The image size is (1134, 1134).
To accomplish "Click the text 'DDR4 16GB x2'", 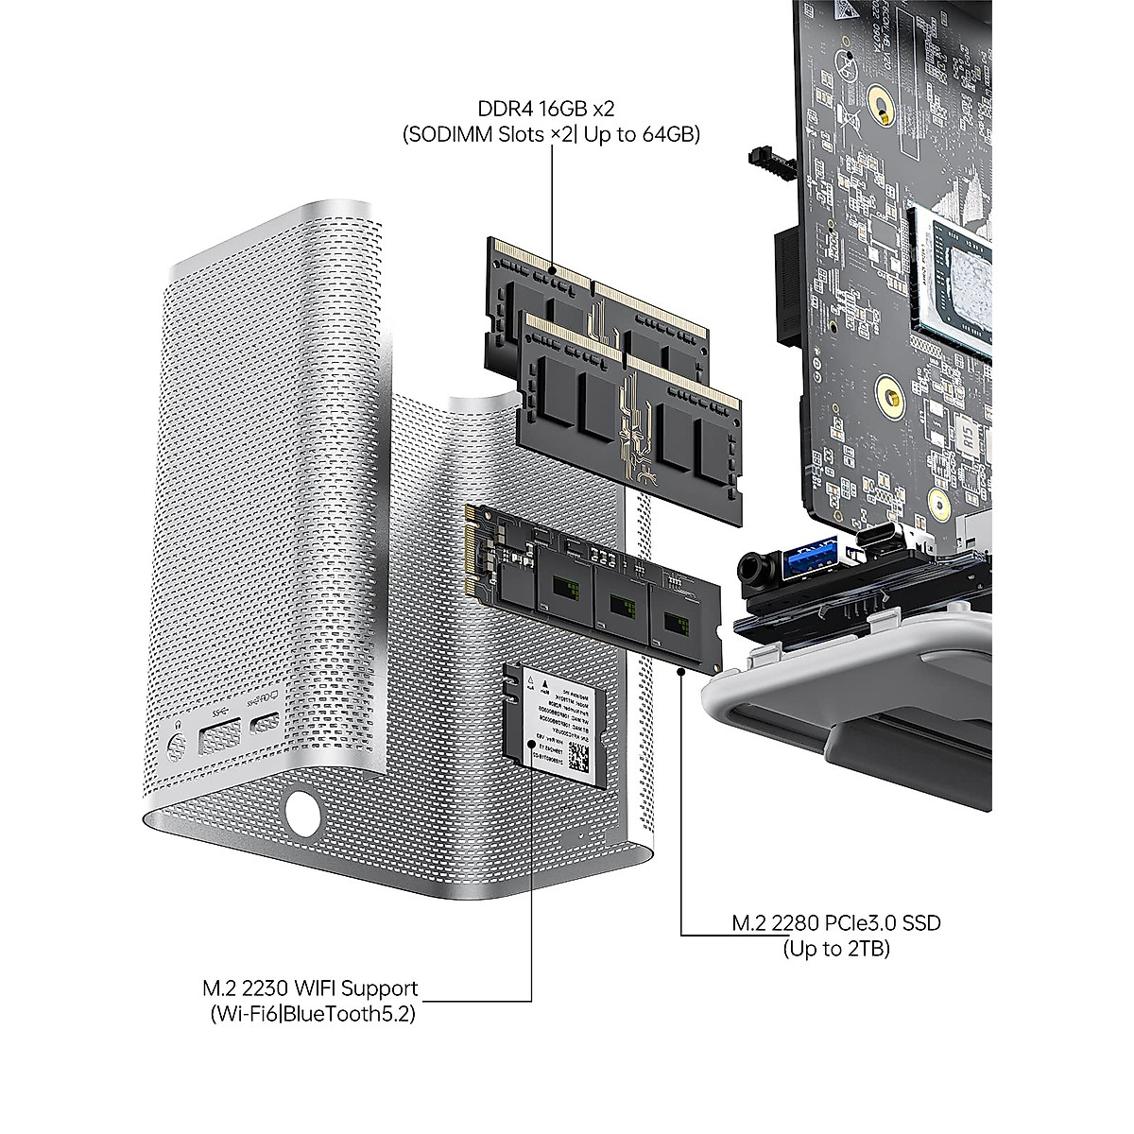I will pos(551,108).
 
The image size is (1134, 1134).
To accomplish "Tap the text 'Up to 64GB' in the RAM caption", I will pos(642,135).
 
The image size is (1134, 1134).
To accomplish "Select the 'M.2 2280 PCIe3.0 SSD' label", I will pos(836,922).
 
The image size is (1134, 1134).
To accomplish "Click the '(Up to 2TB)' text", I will pos(836,950).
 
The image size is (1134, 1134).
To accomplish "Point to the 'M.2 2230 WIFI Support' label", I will pos(310,988).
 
